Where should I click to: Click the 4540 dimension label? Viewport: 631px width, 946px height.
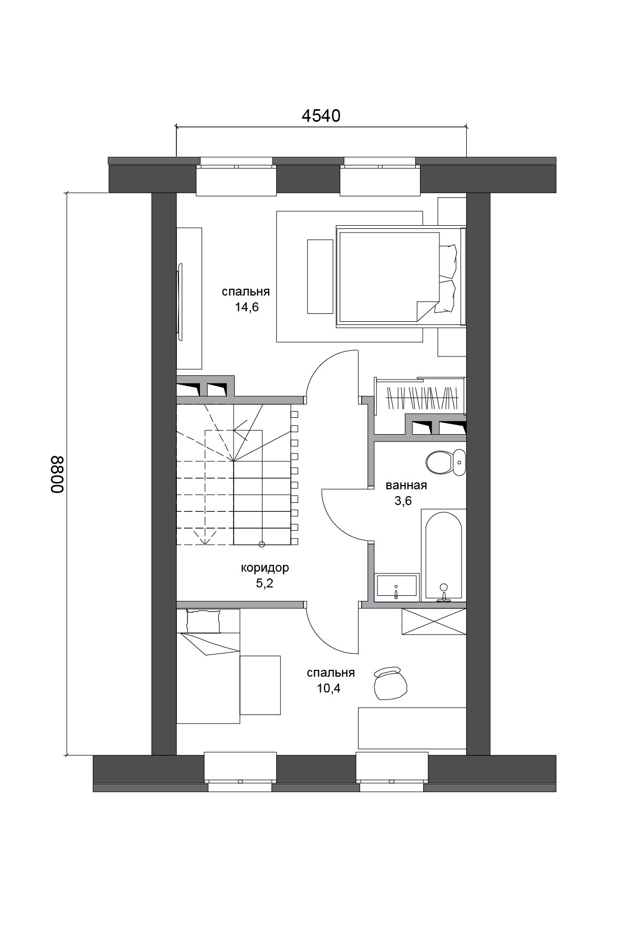click(x=321, y=116)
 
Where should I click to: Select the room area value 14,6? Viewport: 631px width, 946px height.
click(x=247, y=308)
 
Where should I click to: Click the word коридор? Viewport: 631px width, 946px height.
click(x=265, y=569)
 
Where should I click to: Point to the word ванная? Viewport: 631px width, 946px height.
click(x=406, y=486)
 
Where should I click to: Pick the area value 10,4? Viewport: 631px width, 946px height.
click(x=329, y=688)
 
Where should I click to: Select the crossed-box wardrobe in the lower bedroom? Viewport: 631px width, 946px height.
click(x=434, y=622)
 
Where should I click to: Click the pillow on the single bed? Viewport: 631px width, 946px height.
click(x=204, y=621)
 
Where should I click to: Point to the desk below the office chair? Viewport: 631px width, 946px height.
click(x=412, y=728)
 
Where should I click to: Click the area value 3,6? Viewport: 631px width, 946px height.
click(x=403, y=501)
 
